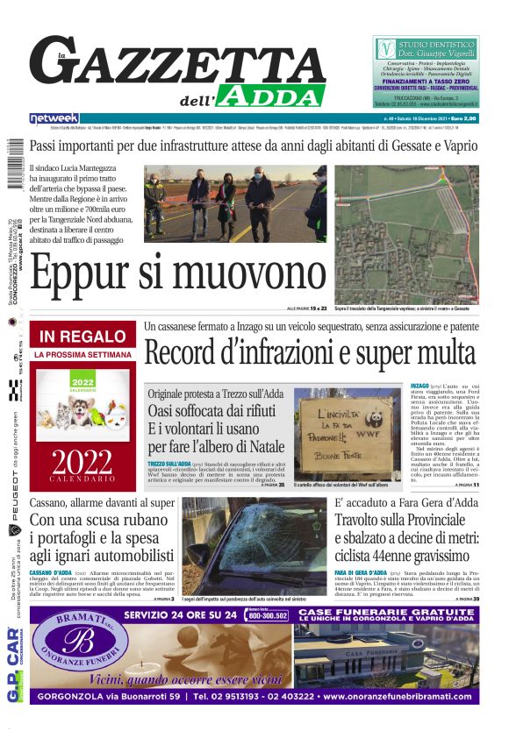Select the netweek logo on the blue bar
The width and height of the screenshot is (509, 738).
coord(54,117)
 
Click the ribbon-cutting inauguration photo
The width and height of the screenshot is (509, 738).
coord(235,203)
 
